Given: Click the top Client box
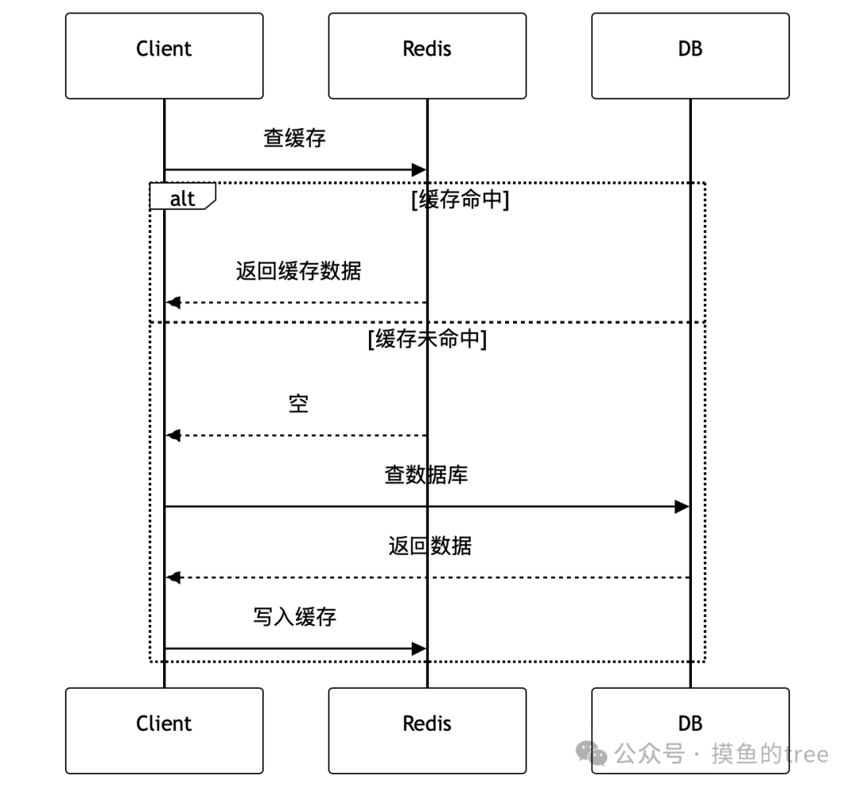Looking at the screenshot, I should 164,55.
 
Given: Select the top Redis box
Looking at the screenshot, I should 427,55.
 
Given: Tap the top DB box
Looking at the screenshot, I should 690,55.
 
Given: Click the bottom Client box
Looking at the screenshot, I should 164,729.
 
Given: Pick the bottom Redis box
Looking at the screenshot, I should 427,729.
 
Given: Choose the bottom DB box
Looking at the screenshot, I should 690,729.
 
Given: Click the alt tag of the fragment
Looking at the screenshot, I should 182,197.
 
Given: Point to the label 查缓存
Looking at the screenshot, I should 294,139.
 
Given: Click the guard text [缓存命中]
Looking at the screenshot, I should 460,200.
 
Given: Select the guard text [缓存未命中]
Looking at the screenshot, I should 427,341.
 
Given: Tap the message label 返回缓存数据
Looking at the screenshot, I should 298,272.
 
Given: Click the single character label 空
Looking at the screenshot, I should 298,405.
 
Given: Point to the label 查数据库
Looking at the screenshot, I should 427,475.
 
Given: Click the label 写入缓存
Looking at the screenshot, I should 294,617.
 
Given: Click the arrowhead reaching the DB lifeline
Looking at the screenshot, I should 682,506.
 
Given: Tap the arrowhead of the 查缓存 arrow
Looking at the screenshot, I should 419,169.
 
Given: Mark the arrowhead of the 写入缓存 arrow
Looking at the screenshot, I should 419,649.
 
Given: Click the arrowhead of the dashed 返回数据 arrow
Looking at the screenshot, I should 173,577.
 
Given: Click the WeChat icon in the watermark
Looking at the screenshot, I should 591,753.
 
